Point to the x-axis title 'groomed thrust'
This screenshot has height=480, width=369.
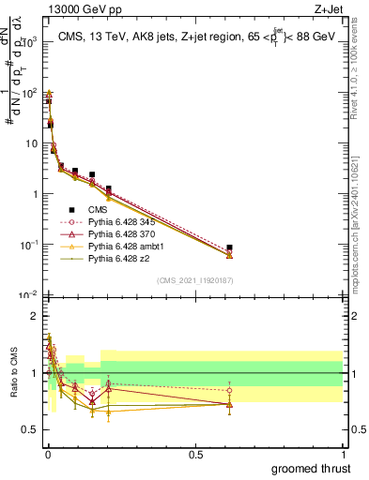tap(313, 468)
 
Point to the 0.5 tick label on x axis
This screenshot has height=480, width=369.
tap(195, 454)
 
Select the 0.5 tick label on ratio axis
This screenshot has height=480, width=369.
tap(27, 430)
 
